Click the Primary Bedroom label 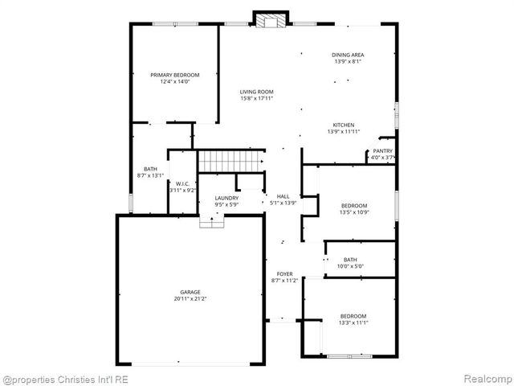[x=175, y=75]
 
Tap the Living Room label [x=257, y=92]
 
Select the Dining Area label [x=347, y=55]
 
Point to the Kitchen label [x=344, y=125]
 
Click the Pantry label [x=382, y=151]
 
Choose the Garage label [x=190, y=292]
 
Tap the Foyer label [x=285, y=274]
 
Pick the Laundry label [x=226, y=198]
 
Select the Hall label [x=283, y=196]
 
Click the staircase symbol [x=231, y=161]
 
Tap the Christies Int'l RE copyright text [x=66, y=379]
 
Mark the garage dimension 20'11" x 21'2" [x=190, y=298]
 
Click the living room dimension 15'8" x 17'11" [x=257, y=99]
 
